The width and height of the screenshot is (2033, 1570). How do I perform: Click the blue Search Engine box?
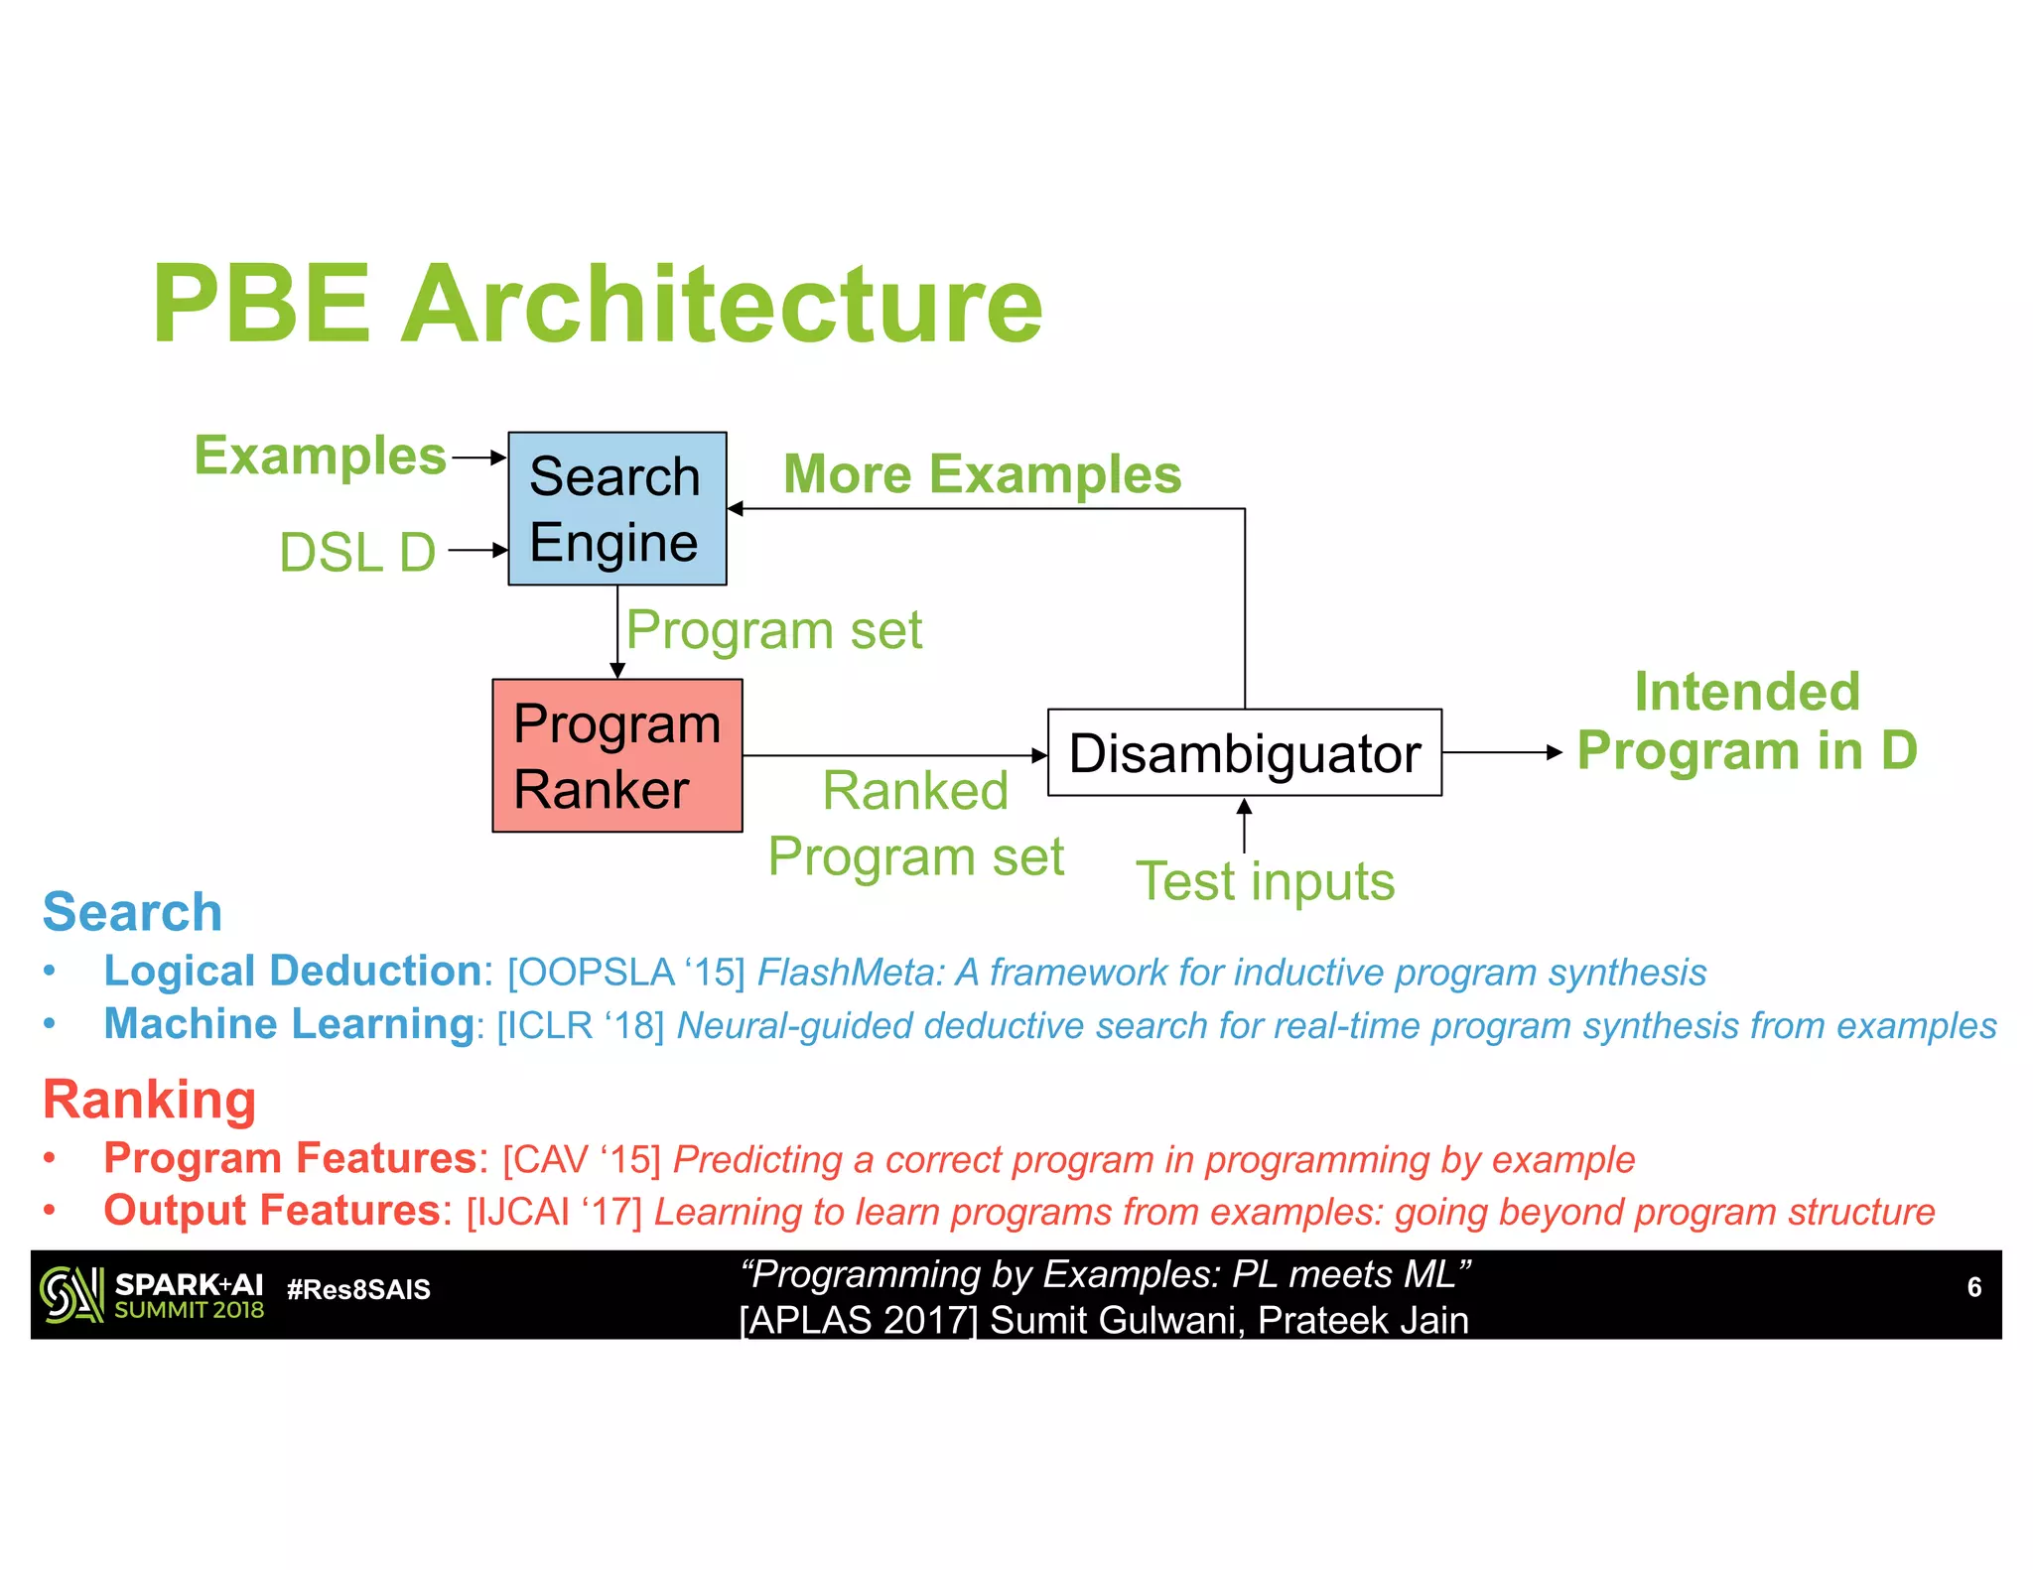tap(616, 508)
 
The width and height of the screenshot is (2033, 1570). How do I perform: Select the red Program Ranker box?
tap(616, 755)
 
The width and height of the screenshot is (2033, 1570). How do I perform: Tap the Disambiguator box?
tap(1244, 752)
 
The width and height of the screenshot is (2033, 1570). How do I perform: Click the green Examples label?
tap(320, 456)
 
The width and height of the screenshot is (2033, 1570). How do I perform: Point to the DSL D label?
tap(357, 552)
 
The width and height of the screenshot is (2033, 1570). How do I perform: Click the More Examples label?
tap(982, 473)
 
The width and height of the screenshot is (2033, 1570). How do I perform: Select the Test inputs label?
tap(1265, 881)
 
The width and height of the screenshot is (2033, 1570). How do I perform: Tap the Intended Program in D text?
tap(1747, 720)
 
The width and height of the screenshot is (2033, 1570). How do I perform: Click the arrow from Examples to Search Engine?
tap(478, 458)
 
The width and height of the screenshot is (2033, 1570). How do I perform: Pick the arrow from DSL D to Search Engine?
tap(477, 550)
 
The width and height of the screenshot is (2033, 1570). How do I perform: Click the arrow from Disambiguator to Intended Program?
tap(1501, 752)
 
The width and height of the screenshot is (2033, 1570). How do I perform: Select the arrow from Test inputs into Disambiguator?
tap(1244, 826)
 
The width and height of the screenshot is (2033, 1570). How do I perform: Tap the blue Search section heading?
tap(132, 911)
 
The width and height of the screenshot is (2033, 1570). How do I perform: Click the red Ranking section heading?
tap(149, 1100)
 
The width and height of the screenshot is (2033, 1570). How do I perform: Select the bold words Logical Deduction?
tap(292, 971)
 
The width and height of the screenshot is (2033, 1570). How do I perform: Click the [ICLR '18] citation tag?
tap(580, 1025)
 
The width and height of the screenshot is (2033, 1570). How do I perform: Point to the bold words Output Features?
tap(271, 1211)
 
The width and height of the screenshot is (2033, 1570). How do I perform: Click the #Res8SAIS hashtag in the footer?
tap(358, 1289)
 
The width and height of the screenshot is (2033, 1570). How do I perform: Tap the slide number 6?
tap(1973, 1287)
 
